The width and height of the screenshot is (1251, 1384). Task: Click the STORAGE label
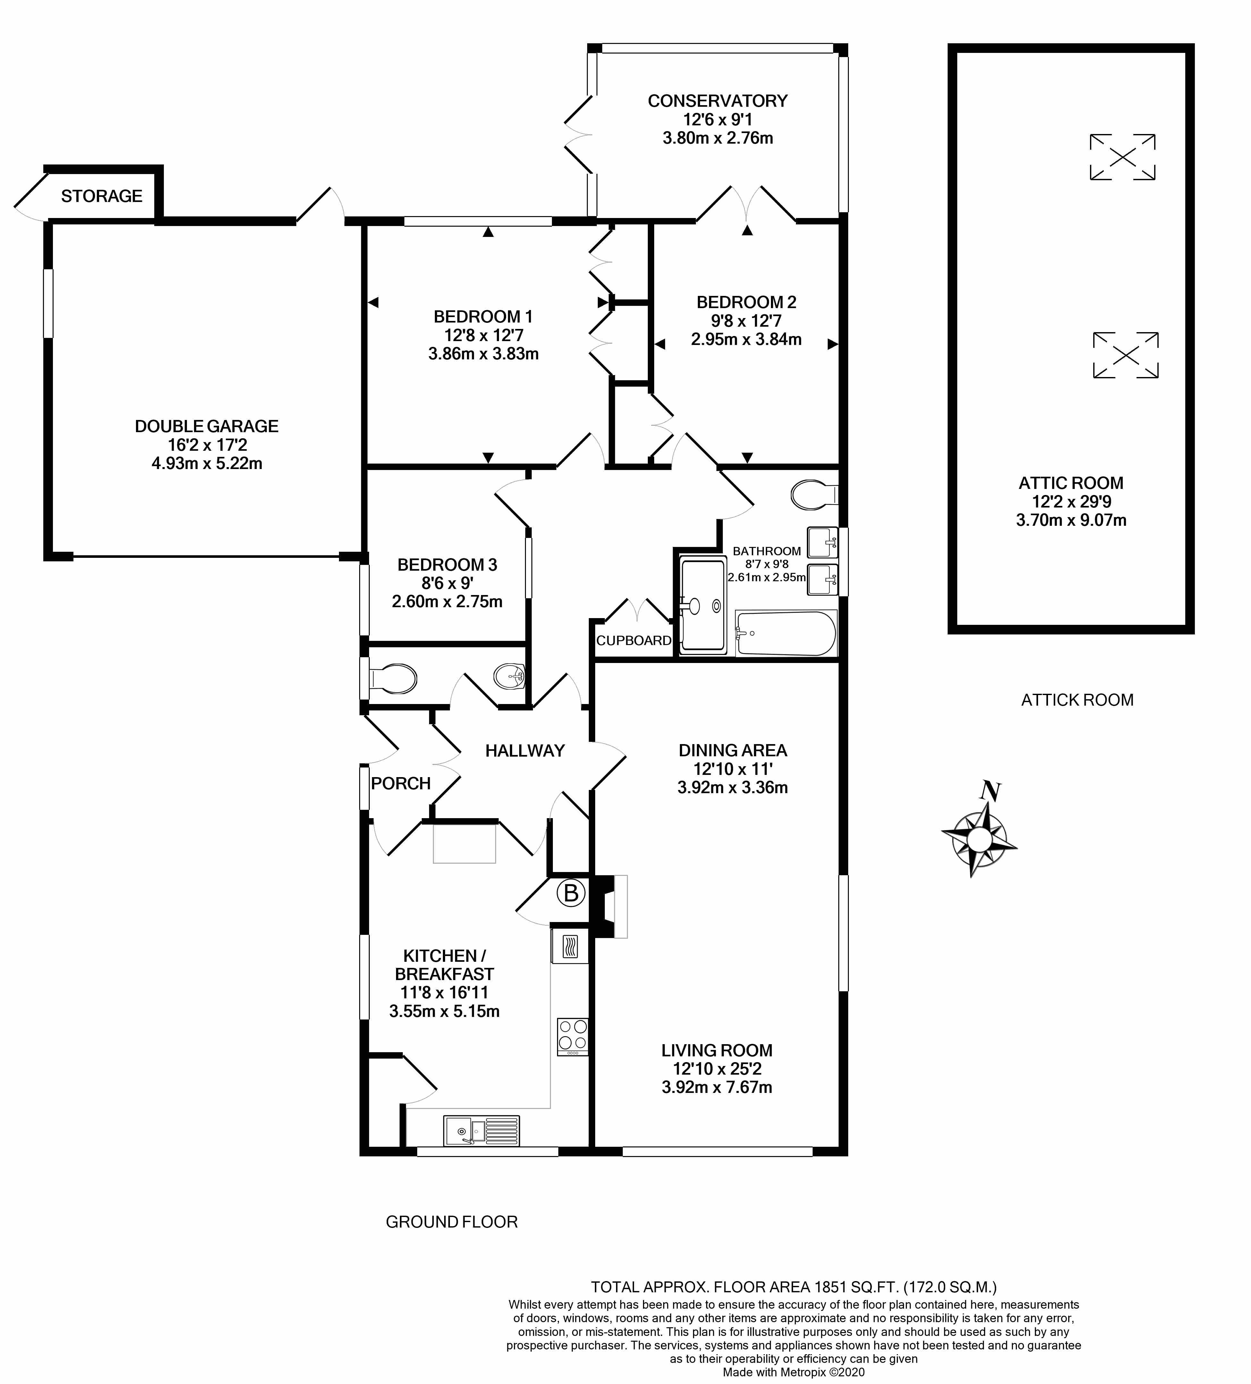coord(102,196)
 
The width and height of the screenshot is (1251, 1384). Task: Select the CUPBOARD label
coord(634,641)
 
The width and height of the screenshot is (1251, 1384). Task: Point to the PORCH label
coord(401,783)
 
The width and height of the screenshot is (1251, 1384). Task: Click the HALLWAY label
coord(525,751)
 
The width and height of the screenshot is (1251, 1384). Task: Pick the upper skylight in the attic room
coord(1123,157)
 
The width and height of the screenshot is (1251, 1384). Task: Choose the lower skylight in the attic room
coord(1125,355)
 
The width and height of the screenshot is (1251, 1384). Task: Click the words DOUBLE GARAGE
coord(207,426)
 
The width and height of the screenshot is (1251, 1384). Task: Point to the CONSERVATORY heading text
coord(717,101)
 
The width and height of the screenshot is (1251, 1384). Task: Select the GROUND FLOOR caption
coord(452,1222)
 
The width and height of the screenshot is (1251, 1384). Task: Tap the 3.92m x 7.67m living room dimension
coord(717,1087)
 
